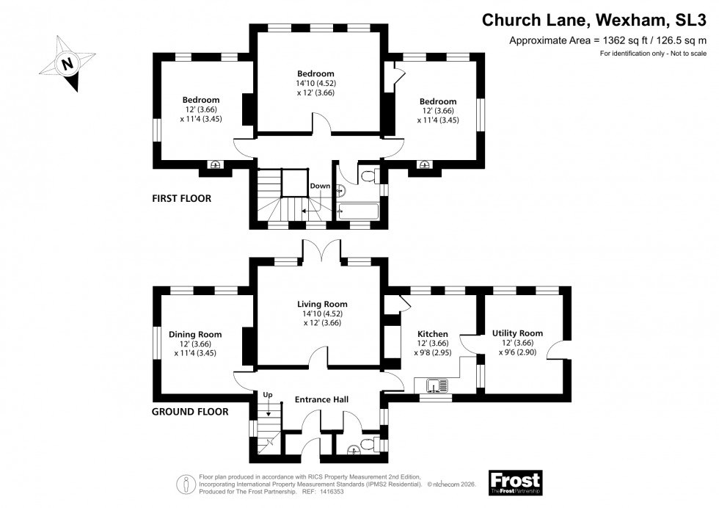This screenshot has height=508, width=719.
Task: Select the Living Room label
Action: pos(322,304)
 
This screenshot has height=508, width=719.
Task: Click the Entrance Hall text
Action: pos(321,399)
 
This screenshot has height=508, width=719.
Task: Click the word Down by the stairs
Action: pos(320,186)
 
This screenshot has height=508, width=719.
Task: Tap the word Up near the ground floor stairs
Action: pos(269,395)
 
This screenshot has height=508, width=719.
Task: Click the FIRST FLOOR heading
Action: pos(181,198)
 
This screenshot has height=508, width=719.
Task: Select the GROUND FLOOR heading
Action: pos(190,412)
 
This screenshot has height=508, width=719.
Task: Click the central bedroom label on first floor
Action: pos(316,73)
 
